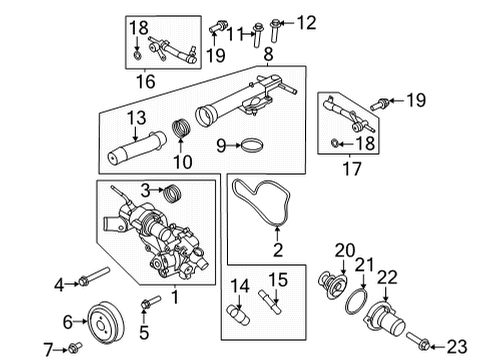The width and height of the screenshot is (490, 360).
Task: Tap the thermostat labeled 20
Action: coord(328,283)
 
